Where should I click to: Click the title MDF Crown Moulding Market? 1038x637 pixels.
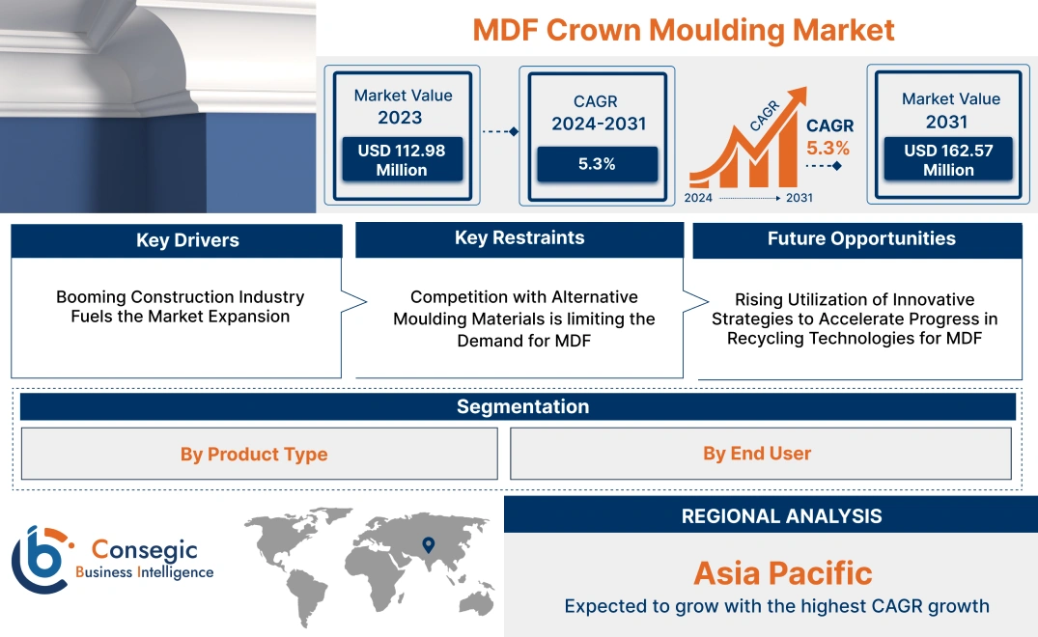[684, 29]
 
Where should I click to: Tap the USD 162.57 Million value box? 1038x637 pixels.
[948, 160]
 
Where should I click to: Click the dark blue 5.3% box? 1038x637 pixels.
[597, 164]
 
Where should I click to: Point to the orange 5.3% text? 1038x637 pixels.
[828, 148]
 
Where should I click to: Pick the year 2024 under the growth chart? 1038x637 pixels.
[700, 198]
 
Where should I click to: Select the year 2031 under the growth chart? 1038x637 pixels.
[799, 198]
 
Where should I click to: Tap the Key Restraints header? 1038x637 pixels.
[519, 238]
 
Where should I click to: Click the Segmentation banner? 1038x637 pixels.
[522, 406]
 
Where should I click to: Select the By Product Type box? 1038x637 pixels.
[254, 454]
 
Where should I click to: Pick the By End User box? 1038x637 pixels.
[757, 454]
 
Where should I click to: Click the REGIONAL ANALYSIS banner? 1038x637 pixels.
[781, 516]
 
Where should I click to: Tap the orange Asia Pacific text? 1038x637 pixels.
[782, 573]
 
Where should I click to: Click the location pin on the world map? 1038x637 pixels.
[428, 545]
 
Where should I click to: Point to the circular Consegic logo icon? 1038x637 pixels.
[41, 559]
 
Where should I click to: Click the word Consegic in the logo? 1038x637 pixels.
[144, 550]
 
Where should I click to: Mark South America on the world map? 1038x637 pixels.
[309, 593]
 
